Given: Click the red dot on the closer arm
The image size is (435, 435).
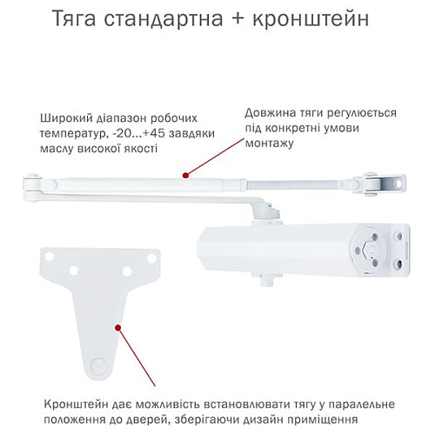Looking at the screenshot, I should click(x=184, y=176).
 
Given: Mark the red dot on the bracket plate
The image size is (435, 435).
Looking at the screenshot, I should click(x=117, y=326).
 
